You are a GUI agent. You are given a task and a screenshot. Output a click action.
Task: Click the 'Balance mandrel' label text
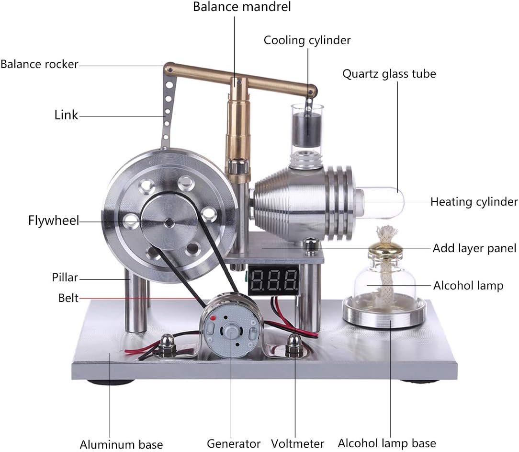[x=242, y=7]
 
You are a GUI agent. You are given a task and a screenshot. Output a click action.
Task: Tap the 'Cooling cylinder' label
[x=307, y=40]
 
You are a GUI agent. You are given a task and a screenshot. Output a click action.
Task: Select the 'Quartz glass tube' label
[x=389, y=74]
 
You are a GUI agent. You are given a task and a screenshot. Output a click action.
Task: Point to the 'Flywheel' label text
[x=53, y=221]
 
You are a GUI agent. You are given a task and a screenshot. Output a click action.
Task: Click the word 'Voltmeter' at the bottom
[x=297, y=443]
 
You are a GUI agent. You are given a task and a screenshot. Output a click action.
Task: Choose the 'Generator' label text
[x=234, y=443]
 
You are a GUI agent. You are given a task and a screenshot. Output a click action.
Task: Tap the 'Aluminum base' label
[x=121, y=444]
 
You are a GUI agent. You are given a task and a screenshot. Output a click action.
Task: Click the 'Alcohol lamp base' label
[x=387, y=443]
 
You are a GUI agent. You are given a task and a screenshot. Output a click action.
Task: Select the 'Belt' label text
[x=68, y=298]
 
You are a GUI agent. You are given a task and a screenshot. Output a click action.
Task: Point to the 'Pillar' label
[x=65, y=278]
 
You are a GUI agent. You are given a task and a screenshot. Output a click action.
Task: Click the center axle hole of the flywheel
[x=169, y=222]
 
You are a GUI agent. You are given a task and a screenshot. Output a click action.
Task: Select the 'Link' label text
[x=66, y=115]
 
